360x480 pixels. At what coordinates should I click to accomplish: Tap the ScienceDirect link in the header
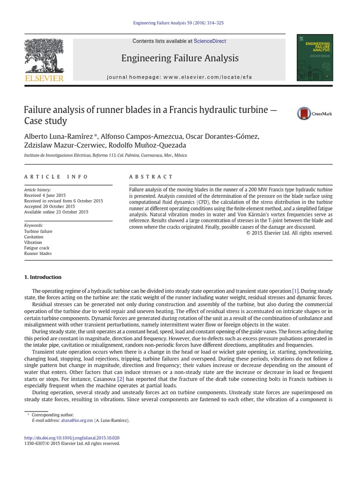[x=210, y=41]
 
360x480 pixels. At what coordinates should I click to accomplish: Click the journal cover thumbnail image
[x=315, y=58]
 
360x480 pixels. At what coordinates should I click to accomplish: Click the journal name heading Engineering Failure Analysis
[x=180, y=58]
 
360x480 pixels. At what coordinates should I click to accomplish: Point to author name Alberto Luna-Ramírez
[x=59, y=136]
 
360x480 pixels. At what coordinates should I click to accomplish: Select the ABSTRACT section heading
[x=151, y=177]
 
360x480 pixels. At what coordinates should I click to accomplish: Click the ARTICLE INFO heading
[x=56, y=177]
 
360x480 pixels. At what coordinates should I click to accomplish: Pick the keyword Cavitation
[x=34, y=237]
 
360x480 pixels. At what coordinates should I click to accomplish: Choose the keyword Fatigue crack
[x=37, y=248]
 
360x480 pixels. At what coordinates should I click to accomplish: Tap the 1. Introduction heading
[x=43, y=277]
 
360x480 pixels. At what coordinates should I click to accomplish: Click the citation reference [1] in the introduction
[x=295, y=291]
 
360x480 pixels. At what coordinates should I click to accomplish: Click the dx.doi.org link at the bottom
[x=72, y=438]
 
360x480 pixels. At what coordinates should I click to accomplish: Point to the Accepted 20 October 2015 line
[x=49, y=206]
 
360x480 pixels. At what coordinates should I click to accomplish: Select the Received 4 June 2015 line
[x=45, y=195]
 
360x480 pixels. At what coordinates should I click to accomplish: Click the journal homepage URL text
[x=180, y=76]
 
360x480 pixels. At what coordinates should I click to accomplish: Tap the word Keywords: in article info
[x=34, y=225]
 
